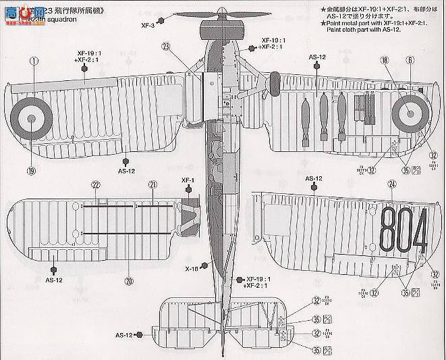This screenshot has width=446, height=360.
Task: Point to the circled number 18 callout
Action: point(384,61)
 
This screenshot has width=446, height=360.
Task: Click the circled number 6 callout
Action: point(408,61)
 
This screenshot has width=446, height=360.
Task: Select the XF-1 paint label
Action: point(187,180)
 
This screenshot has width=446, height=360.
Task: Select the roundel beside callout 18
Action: point(408,114)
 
